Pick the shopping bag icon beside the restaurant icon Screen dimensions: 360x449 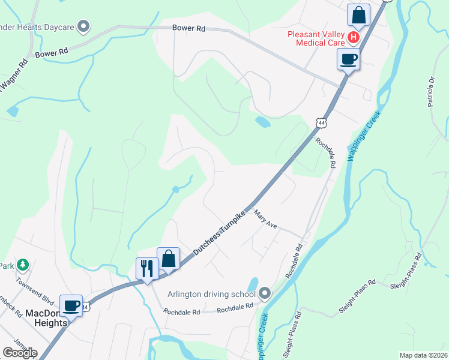169,259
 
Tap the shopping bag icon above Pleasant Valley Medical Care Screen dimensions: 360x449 358,14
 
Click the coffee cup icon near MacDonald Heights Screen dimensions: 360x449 71,305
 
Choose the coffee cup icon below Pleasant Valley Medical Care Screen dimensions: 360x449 348,59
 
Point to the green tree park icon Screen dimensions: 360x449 23,264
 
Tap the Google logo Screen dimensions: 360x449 20,353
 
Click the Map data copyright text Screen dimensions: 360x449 423,355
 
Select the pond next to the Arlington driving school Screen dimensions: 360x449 253,284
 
